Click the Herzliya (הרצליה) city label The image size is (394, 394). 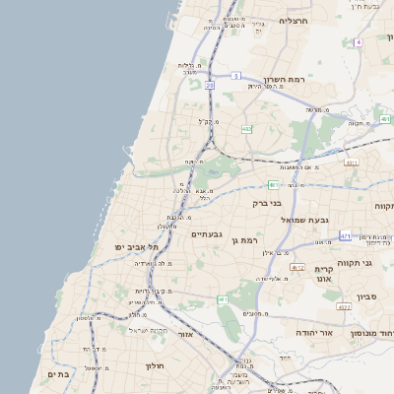[294, 20]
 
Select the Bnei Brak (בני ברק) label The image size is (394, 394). [268, 203]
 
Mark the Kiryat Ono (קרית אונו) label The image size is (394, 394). [326, 274]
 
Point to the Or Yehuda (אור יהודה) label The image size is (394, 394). [318, 333]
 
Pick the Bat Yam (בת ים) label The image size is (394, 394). [56, 375]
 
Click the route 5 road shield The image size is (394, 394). [236, 75]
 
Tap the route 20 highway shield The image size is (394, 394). [210, 86]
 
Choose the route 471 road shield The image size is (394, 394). [345, 236]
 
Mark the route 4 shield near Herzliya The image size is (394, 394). [359, 42]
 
